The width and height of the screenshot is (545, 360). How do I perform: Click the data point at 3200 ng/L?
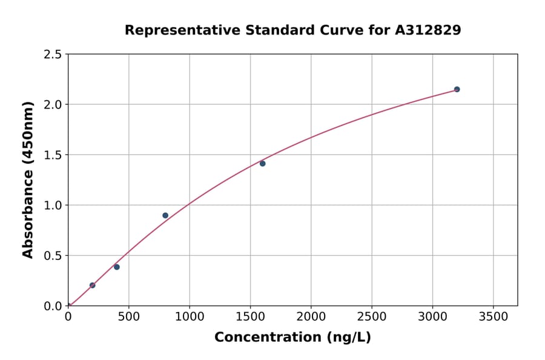tap(457, 89)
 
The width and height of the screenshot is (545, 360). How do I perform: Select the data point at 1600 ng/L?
tap(262, 164)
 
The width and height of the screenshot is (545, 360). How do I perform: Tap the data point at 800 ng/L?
tap(165, 215)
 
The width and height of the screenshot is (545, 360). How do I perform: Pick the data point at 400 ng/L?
tap(117, 267)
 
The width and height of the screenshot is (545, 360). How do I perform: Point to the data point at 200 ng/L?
tap(93, 285)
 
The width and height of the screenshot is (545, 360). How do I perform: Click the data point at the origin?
tap(68, 305)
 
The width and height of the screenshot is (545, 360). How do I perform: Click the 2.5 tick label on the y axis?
tap(53, 55)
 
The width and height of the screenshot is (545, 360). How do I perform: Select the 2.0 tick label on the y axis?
tap(53, 105)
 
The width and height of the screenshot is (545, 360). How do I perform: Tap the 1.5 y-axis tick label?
tap(53, 155)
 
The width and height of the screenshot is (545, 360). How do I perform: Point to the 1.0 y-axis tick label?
tap(53, 205)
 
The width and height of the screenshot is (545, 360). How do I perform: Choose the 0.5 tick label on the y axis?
tap(53, 256)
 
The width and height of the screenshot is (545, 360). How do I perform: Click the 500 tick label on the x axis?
tap(128, 317)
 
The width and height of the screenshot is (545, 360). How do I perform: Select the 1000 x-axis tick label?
tap(190, 317)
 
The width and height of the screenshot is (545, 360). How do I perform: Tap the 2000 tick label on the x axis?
tap(311, 317)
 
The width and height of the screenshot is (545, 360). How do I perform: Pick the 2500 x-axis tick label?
tap(372, 317)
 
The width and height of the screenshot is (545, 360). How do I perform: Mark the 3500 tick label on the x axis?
tap(493, 317)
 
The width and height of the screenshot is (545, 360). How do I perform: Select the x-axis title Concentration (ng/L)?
tap(292, 338)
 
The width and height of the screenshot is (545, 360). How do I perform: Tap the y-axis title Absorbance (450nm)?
tap(28, 179)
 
